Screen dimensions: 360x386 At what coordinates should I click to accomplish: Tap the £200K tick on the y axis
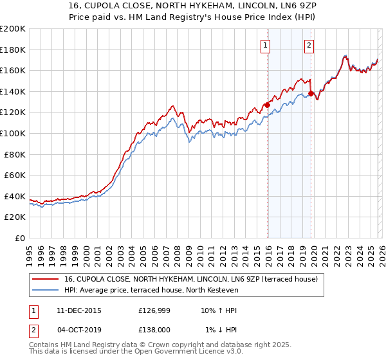tap(13, 29)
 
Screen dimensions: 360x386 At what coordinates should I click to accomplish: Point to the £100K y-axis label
tap(13, 133)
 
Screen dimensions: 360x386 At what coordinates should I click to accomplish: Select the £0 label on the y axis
tap(21, 238)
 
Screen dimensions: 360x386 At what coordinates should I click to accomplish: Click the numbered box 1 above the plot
tap(266, 45)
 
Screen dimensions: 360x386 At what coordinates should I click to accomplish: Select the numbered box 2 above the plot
tap(309, 45)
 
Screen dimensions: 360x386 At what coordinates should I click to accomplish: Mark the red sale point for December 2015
tap(268, 106)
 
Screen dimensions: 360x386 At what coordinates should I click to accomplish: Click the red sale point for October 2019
tap(311, 94)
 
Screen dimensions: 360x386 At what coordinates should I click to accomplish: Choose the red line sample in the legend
tap(46, 280)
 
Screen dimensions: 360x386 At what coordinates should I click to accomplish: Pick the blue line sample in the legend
tap(46, 291)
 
